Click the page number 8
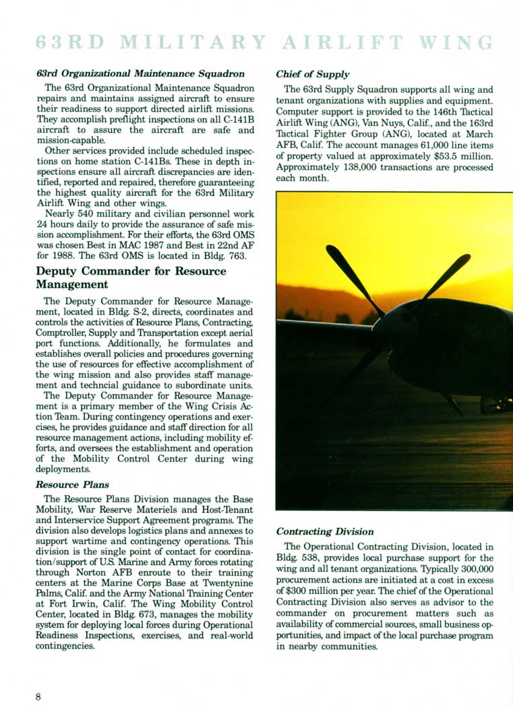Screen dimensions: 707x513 tap(38, 696)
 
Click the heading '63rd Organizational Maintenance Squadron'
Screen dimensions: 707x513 tap(140, 73)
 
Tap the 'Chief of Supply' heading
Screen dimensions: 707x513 tap(313, 74)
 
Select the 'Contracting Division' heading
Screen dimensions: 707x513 tap(325, 531)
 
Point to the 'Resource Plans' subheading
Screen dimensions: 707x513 tap(72, 484)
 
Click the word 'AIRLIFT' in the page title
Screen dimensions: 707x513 tap(342, 42)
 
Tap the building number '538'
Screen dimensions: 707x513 tap(318, 558)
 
